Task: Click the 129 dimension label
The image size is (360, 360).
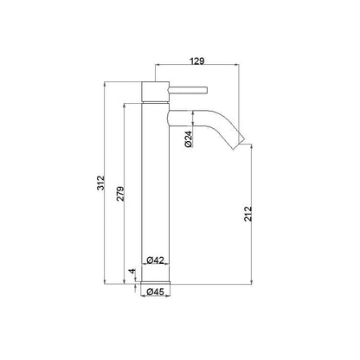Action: click(x=197, y=61)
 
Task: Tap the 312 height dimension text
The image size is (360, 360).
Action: click(x=100, y=183)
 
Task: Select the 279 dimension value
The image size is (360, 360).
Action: click(x=120, y=194)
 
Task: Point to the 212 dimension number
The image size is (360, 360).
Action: click(x=247, y=214)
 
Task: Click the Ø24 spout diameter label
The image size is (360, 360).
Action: click(x=188, y=138)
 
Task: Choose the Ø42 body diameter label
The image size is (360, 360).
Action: click(x=155, y=260)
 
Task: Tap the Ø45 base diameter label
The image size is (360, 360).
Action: click(x=155, y=292)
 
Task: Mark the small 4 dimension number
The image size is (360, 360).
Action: click(x=132, y=271)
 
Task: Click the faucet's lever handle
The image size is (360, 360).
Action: click(x=188, y=90)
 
